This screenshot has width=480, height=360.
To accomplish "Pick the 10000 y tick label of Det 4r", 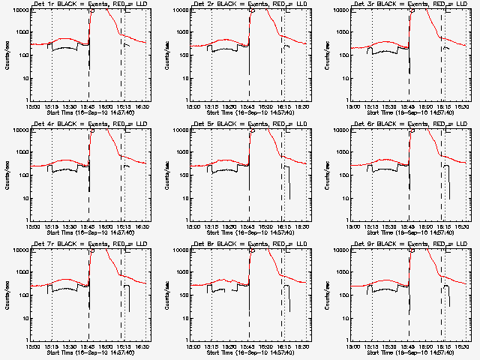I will (x=19, y=130).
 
